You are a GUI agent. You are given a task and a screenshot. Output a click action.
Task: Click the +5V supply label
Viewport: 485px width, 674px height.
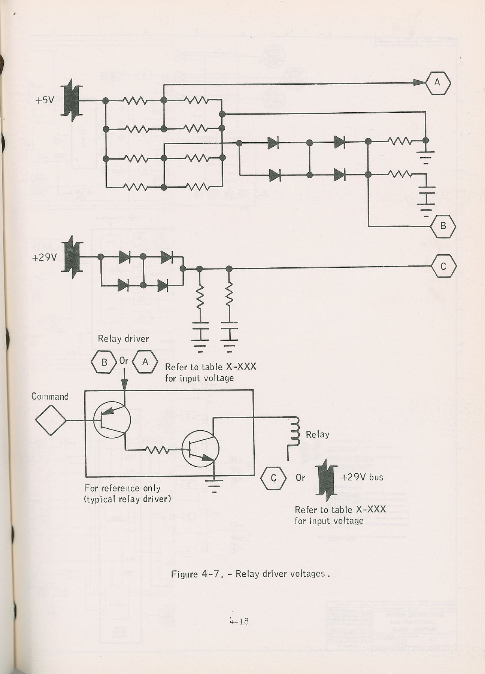(x=45, y=100)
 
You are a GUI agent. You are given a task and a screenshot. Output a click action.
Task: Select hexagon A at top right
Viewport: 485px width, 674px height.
(x=437, y=82)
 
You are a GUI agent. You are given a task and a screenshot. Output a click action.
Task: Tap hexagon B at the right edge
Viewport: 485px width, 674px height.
(x=443, y=226)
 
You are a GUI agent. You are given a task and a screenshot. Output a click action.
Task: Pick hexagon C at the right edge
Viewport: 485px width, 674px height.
(x=443, y=266)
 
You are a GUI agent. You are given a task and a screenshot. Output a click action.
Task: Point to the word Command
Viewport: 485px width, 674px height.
(x=50, y=397)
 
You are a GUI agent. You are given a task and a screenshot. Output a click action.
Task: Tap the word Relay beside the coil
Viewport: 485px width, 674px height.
(x=318, y=434)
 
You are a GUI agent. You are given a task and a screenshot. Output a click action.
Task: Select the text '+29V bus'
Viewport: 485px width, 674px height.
(x=362, y=477)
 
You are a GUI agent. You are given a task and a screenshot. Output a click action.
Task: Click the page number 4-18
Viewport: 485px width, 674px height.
(x=239, y=621)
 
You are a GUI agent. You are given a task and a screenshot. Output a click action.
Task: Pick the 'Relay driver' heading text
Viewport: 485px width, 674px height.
(x=123, y=339)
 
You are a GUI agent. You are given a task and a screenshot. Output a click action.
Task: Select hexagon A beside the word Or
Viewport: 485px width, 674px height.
(x=145, y=362)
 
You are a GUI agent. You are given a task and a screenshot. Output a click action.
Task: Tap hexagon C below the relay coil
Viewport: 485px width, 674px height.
(x=273, y=478)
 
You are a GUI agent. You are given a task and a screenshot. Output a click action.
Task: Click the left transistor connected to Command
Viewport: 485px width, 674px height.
(x=111, y=420)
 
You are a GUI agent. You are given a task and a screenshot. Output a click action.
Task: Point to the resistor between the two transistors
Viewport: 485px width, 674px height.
(x=157, y=449)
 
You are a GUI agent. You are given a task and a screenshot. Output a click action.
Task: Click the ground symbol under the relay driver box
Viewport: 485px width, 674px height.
(x=214, y=485)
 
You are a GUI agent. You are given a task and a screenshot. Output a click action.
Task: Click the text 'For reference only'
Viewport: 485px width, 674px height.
(x=122, y=488)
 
